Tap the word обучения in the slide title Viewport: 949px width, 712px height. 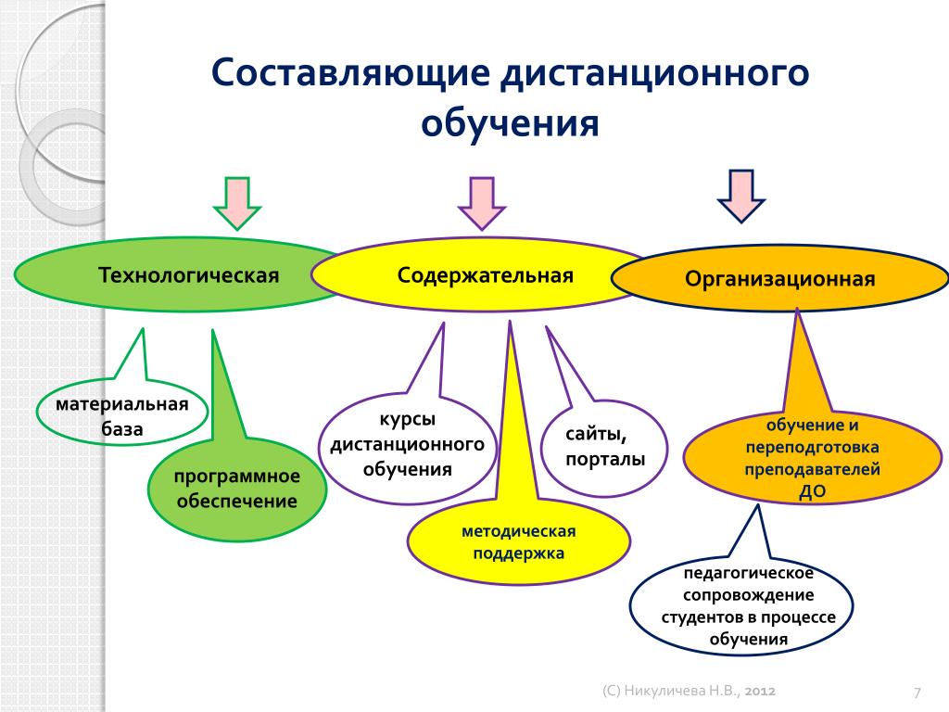tap(510, 123)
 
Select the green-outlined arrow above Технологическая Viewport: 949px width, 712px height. tap(237, 203)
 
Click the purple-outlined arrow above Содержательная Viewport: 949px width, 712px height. tap(482, 203)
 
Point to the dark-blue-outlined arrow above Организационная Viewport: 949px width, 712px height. tap(741, 197)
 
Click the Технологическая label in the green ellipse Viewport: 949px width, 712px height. tap(188, 275)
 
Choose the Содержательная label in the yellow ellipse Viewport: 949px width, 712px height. tap(485, 275)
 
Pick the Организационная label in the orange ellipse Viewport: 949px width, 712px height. tap(779, 279)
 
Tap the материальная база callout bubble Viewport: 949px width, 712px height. tap(122, 412)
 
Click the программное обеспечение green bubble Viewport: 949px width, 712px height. tap(237, 488)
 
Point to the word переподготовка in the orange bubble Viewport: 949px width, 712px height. tap(812, 448)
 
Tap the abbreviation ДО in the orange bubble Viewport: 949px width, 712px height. tap(812, 491)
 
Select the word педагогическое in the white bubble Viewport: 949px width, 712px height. tap(748, 573)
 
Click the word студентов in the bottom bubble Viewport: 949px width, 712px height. tap(703, 617)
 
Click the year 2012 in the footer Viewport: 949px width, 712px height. tap(760, 691)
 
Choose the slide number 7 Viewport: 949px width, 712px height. tap(917, 692)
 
